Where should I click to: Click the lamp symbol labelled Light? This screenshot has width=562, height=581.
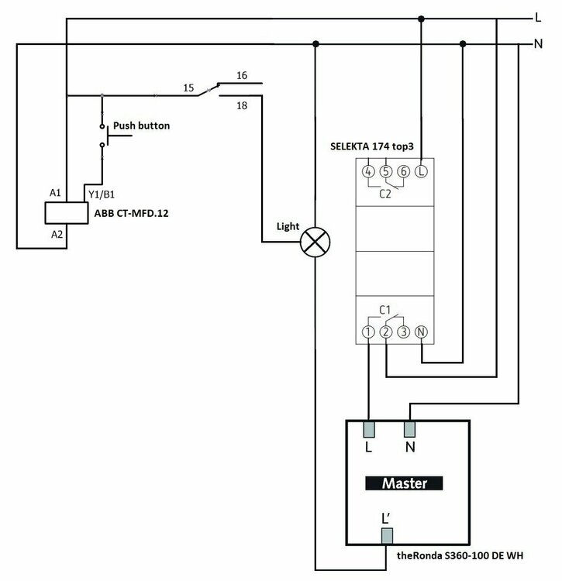[x=314, y=242]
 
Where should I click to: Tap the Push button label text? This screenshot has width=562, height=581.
[x=141, y=125]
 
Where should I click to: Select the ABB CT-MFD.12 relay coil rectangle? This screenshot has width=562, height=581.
[x=67, y=211]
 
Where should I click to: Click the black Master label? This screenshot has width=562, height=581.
[x=405, y=483]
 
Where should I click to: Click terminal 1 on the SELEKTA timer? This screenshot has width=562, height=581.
[x=368, y=332]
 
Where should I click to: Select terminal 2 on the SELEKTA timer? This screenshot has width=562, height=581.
[x=386, y=332]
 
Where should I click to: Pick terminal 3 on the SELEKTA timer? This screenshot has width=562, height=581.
[x=403, y=332]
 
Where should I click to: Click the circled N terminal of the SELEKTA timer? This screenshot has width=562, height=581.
[x=421, y=332]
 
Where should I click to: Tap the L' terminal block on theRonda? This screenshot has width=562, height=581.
[x=386, y=536]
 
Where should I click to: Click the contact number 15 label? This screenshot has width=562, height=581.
[x=188, y=88]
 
